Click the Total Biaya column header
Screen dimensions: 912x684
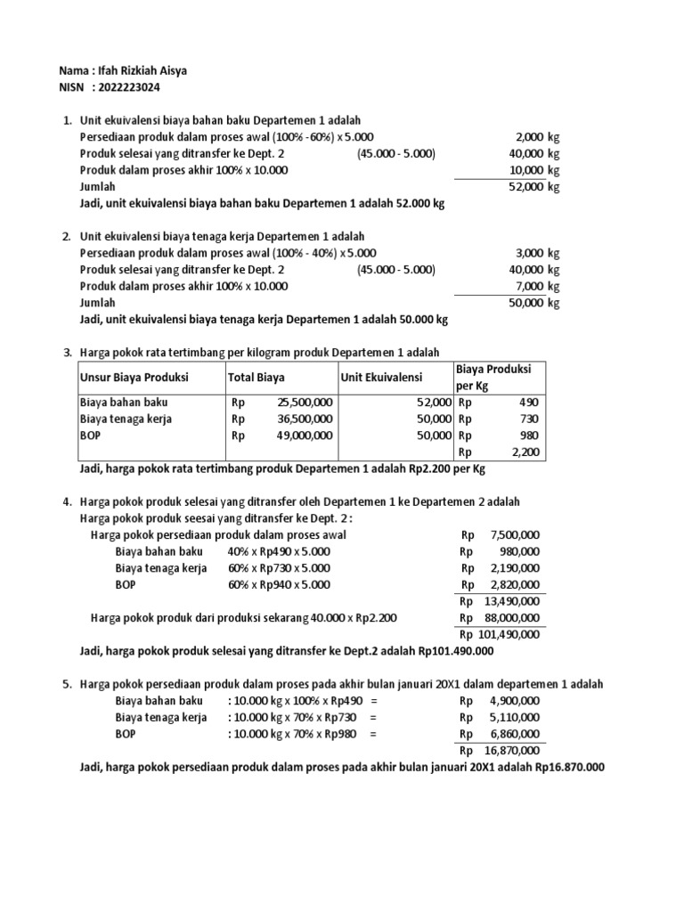256,378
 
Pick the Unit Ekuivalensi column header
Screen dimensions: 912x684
381,378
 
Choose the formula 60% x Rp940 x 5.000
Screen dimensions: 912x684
278,584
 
